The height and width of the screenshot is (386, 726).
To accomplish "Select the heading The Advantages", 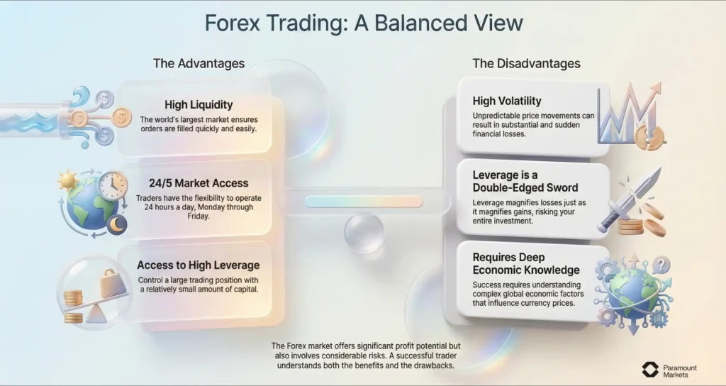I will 199,63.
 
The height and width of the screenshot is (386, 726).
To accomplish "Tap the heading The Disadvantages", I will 526,63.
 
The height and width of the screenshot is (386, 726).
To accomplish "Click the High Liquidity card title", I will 199,105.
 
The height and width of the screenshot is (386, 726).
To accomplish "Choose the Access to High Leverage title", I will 199,265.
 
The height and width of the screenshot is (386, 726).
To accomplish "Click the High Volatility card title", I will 507,101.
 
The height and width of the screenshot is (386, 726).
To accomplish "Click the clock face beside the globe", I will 112,185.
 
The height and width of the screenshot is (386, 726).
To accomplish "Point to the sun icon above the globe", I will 68,181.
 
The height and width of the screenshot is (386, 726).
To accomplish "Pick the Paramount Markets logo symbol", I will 650,369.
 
